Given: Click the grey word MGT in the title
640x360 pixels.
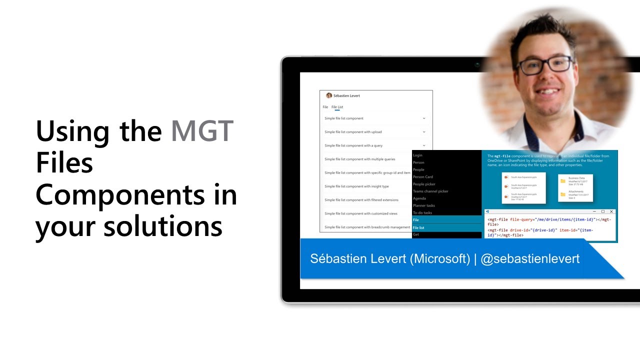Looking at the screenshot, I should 202,131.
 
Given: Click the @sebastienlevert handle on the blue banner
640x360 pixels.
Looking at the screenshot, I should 530,258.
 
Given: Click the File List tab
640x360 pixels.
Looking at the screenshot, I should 337,107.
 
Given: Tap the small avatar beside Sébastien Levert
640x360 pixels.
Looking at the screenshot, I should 329,95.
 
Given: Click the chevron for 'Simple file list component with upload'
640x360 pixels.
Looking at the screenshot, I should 424,132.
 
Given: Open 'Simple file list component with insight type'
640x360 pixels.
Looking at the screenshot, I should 356,186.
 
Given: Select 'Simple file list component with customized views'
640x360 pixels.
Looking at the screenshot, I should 360,213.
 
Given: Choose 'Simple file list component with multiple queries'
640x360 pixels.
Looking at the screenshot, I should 359,159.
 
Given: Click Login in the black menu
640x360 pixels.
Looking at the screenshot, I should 417,155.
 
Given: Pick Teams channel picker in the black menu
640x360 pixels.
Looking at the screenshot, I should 430,191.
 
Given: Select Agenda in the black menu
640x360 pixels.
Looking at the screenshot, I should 419,198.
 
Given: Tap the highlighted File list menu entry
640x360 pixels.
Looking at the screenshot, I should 418,227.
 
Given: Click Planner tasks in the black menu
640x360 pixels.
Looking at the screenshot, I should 424,205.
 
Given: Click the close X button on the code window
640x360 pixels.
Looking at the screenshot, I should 611,212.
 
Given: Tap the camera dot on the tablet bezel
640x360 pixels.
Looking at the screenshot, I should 477,64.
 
